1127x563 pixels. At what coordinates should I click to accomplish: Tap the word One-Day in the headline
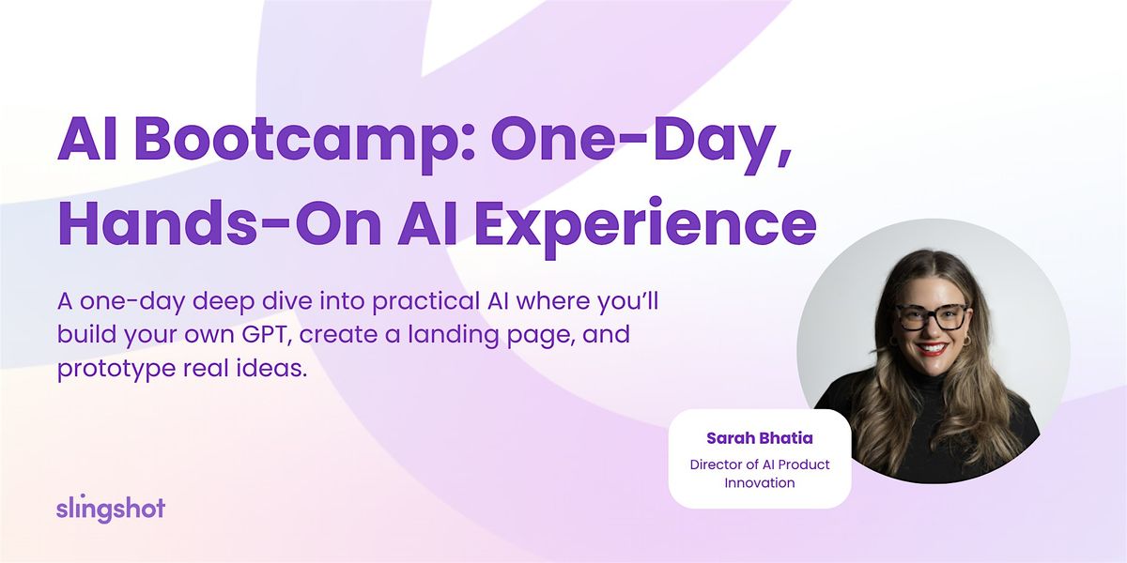639,142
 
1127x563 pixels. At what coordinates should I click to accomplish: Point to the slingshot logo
110,509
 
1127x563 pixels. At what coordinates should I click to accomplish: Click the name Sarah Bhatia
759,438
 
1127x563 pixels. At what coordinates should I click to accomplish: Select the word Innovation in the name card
759,483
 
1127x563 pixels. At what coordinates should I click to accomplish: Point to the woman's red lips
934,349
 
